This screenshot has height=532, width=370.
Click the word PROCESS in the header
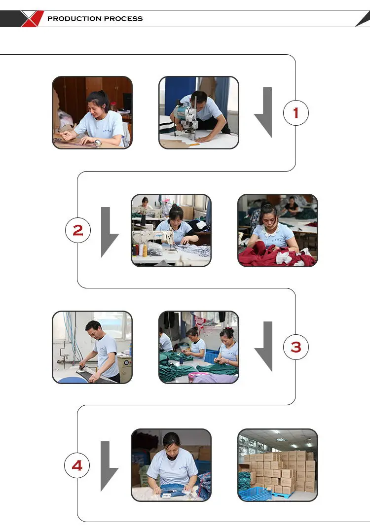coord(124,19)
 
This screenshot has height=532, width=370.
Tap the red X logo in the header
coord(33,19)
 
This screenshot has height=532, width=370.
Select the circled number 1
coord(296,113)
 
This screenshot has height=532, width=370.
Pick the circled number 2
coord(78,230)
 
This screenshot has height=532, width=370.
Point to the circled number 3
coord(296,347)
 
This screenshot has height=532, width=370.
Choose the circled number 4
coord(77,465)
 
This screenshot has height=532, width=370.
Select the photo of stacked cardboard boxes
coord(278,465)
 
